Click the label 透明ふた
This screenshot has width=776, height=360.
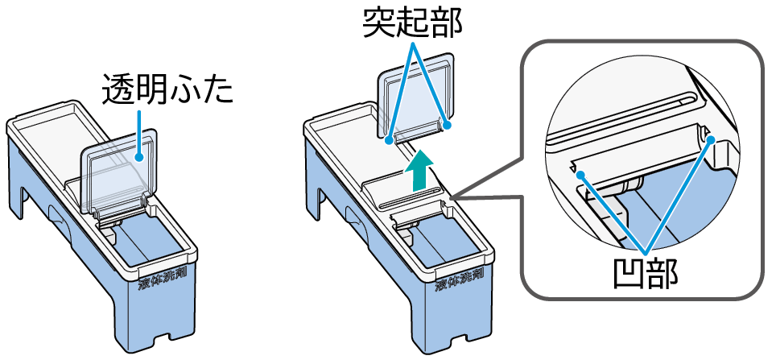click(167, 90)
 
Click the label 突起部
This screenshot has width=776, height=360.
click(414, 22)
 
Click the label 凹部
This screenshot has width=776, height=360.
click(645, 273)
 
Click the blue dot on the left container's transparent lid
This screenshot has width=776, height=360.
click(140, 159)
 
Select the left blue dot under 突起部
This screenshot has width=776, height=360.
click(390, 140)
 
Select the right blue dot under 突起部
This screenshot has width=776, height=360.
click(447, 125)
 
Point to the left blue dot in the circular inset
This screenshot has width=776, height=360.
click(580, 174)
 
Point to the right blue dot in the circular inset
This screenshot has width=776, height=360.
click(710, 139)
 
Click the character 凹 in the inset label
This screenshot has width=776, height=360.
click(629, 273)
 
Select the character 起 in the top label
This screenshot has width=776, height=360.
click(414, 22)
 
